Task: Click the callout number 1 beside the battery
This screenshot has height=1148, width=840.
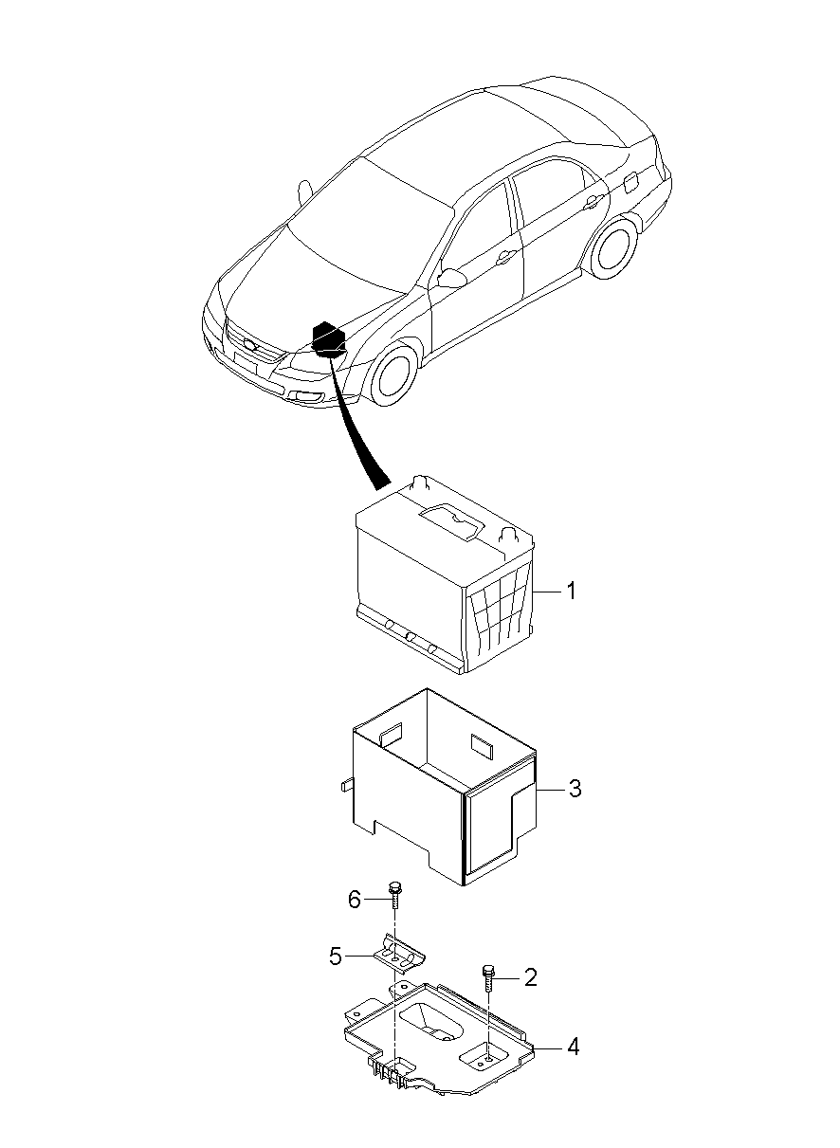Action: click(571, 592)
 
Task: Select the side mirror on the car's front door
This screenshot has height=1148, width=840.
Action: click(452, 278)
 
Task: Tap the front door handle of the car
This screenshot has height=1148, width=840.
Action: click(506, 257)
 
